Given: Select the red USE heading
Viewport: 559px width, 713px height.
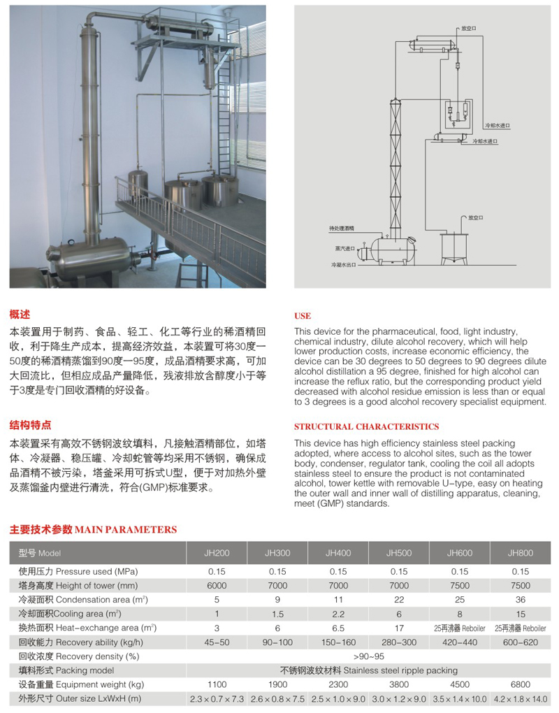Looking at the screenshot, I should (303, 316).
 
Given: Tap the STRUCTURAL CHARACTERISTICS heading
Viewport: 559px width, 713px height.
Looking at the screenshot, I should (366, 426).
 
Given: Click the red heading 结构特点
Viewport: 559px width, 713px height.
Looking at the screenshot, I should (30, 425).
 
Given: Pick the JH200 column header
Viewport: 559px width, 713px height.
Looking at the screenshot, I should (217, 553).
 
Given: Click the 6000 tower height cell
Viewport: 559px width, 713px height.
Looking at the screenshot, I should (217, 585).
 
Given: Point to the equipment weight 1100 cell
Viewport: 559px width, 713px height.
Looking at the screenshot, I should (217, 684).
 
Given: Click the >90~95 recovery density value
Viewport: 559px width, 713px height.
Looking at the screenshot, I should (369, 656).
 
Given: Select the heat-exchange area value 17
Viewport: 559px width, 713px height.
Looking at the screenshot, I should (399, 628).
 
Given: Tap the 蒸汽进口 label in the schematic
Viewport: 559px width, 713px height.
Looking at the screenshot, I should (344, 247).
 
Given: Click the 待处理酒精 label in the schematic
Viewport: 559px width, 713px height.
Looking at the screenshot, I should (342, 228).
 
